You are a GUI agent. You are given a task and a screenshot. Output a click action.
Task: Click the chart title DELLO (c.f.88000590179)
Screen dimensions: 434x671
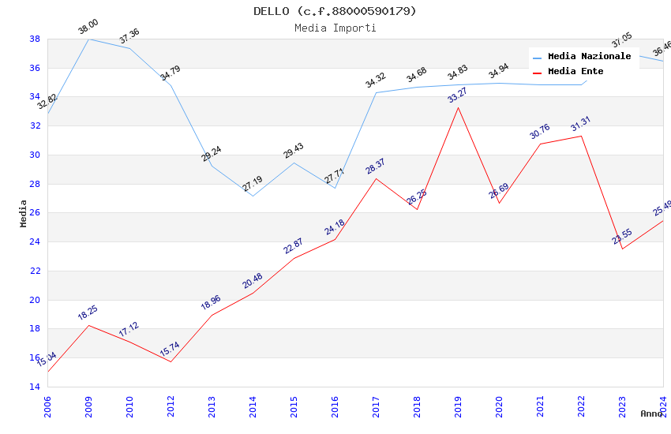pos(335,11)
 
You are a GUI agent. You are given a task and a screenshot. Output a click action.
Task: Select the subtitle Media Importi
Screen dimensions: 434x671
pos(335,28)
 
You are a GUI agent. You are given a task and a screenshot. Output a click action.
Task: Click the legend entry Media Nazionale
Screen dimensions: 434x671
pos(589,57)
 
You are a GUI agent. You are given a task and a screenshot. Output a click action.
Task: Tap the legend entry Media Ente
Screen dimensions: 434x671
pos(575,71)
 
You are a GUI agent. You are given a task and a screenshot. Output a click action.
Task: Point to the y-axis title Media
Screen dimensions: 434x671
pos(24,213)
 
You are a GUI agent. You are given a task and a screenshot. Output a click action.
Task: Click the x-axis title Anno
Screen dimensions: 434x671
pos(651,413)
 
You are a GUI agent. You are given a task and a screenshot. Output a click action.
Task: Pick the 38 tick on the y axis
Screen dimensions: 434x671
pos(35,39)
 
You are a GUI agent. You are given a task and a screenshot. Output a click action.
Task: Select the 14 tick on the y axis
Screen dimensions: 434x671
pos(35,387)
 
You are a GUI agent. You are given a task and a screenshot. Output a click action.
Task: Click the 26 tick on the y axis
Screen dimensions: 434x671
pos(35,213)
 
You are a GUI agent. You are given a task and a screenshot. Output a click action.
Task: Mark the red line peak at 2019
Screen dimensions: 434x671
pos(459,107)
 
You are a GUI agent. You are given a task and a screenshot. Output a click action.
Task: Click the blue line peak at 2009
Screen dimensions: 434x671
pos(88,39)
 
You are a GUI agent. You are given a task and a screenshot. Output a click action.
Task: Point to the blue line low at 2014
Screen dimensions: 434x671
pos(253,196)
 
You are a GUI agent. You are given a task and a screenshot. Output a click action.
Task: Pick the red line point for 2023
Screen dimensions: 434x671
pos(622,249)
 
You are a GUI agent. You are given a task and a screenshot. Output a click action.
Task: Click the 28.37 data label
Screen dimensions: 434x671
pos(376,166)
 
